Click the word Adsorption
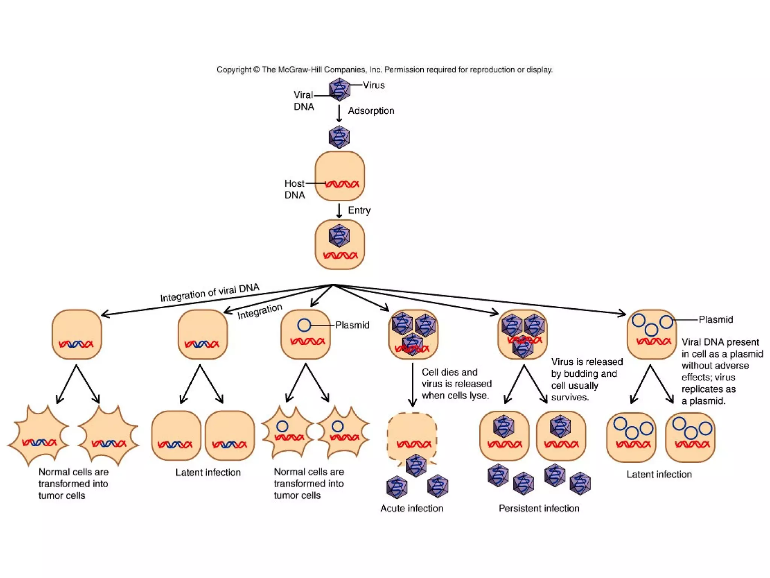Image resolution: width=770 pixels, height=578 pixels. [371, 111]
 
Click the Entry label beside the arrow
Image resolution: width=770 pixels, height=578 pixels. [359, 210]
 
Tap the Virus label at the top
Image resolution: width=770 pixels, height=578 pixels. [374, 85]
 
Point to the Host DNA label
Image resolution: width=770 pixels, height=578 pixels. [294, 189]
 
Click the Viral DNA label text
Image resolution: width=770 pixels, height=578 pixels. [303, 100]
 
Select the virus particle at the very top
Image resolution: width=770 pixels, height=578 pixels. [340, 90]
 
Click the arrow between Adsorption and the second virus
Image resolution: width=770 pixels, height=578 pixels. [339, 113]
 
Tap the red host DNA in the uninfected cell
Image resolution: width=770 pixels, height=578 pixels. [342, 184]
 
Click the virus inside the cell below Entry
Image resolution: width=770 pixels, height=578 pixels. [339, 236]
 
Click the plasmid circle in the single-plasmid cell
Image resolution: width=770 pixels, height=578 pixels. [304, 325]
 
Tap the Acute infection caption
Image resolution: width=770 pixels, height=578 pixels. [412, 508]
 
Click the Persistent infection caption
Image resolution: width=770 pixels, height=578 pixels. [539, 508]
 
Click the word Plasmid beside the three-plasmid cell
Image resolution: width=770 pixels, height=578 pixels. [715, 319]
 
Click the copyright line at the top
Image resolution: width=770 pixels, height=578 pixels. [384, 70]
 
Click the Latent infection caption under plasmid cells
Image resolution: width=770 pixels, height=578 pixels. [659, 475]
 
